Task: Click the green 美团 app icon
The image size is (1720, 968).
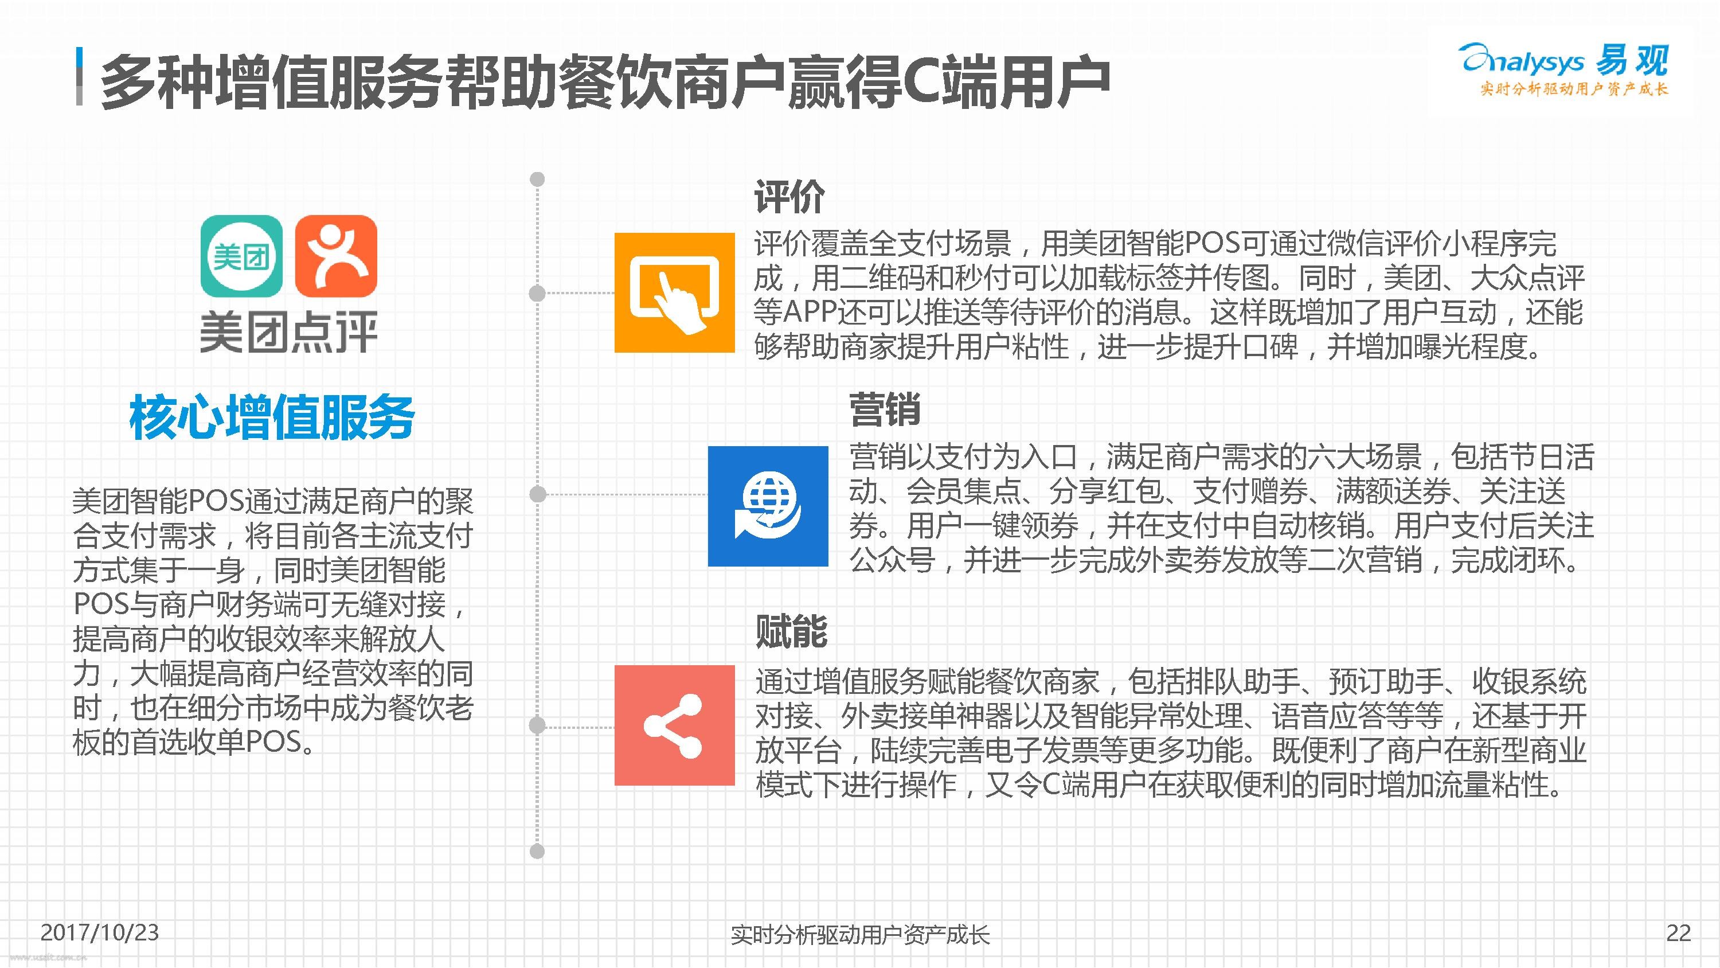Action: click(x=242, y=256)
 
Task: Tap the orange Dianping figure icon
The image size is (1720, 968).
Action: click(x=336, y=256)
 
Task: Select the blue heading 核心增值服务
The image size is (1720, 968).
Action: click(x=272, y=417)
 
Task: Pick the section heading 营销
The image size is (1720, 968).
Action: click(x=885, y=409)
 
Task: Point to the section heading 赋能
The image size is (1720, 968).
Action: click(x=791, y=631)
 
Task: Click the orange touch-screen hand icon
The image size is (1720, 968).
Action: click(x=674, y=292)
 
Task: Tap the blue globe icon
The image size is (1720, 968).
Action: click(x=768, y=506)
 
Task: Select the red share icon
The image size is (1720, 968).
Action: click(x=674, y=725)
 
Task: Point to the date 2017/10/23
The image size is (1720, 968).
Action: click(x=100, y=932)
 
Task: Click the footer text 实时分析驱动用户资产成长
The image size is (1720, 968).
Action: click(x=860, y=935)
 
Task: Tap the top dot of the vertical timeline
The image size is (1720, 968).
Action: click(x=537, y=179)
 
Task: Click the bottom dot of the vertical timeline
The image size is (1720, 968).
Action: click(x=537, y=851)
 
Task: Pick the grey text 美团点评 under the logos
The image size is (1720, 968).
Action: click(x=288, y=331)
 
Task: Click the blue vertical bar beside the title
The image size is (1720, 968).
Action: click(x=80, y=76)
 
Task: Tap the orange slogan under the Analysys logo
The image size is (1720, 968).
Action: click(x=1574, y=89)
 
